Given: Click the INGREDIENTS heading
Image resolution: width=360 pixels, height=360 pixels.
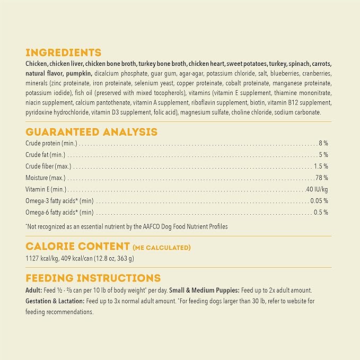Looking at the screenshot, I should click(63, 52).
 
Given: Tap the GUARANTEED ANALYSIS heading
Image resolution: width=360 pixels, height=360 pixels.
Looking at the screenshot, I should click(91, 131).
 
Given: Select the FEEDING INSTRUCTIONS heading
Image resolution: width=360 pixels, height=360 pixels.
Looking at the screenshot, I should click(93, 278).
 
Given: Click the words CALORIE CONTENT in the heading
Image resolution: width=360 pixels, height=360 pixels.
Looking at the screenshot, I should click(77, 246).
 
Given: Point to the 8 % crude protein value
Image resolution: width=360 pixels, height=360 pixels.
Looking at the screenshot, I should click(323, 143).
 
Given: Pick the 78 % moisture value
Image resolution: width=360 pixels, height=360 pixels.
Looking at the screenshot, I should click(322, 178).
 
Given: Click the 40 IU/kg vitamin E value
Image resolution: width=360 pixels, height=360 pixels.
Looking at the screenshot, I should click(317, 189).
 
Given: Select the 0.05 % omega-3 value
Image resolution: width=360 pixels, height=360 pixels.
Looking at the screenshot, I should click(320, 201).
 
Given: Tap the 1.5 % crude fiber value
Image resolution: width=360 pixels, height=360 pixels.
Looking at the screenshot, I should click(321, 166).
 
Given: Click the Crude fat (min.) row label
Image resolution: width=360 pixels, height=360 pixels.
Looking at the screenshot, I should click(46, 155).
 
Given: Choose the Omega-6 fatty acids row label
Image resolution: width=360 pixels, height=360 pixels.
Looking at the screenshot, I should click(59, 213).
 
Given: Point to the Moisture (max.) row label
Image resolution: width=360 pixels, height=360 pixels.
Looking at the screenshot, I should click(45, 178).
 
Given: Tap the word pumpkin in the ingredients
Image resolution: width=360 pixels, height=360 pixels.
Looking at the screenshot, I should click(80, 73).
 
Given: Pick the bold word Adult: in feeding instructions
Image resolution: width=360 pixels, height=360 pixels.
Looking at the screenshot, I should click(33, 291).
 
